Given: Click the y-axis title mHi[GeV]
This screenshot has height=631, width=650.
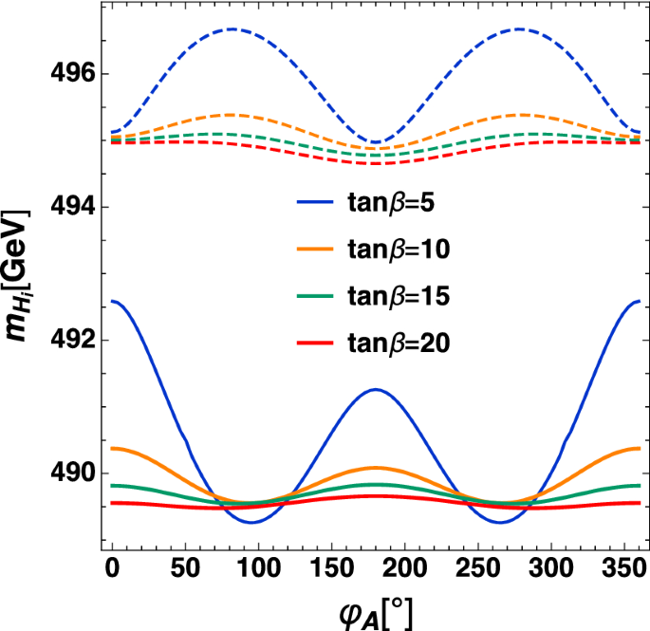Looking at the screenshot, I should click(21, 278).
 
